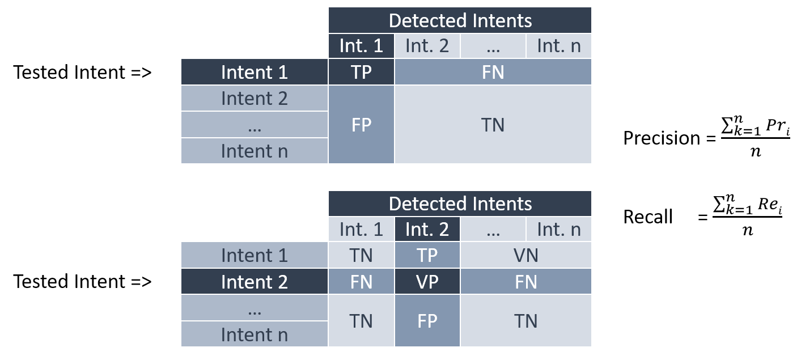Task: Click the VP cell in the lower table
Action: pos(427,282)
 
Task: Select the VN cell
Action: pos(525,255)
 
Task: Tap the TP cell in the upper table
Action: pos(361,72)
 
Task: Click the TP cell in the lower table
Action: pos(427,255)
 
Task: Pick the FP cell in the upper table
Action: pos(361,125)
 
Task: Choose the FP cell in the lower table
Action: pos(427,321)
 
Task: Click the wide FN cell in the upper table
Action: pos(493,72)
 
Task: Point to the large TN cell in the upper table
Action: pos(493,125)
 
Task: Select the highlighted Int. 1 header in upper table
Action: pos(361,46)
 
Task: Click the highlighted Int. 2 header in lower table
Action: pos(427,229)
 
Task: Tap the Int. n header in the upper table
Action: pos(558,46)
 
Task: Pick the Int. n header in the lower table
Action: pos(558,229)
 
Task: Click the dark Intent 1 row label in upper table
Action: pos(254,72)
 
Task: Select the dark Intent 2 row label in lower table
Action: pos(254,282)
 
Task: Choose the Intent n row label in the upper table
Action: pos(254,151)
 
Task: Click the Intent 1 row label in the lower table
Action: pos(254,255)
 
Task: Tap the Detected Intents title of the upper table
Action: pos(460,20)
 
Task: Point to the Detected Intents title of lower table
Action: pos(460,204)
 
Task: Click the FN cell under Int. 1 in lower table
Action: pos(361,282)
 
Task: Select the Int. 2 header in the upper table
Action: pos(427,46)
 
